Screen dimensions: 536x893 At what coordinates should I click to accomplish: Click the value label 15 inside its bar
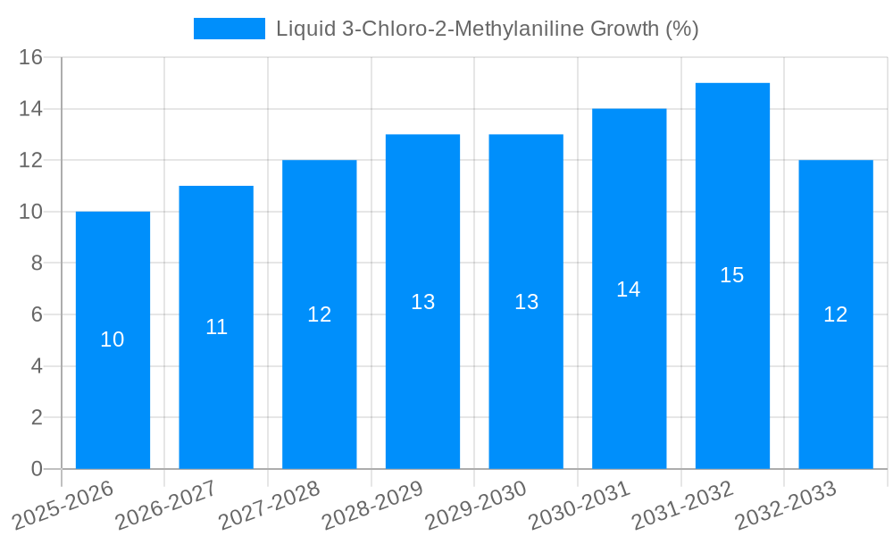tap(732, 275)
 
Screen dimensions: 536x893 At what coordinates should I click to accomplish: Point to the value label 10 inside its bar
tap(113, 339)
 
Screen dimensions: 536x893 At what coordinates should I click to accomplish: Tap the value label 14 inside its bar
tap(629, 289)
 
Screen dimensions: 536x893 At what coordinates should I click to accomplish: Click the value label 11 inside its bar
tap(217, 327)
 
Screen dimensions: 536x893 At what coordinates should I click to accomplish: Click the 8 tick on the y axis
tap(37, 264)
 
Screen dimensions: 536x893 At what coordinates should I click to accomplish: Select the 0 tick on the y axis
tap(37, 469)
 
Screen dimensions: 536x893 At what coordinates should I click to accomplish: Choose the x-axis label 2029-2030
tap(476, 505)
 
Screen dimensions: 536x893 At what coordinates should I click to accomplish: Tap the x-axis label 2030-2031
tap(580, 505)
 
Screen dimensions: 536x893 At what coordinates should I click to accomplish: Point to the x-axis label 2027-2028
tap(270, 505)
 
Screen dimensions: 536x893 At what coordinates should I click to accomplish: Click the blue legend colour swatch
tap(230, 29)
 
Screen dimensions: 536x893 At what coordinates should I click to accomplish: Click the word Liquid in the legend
tap(301, 29)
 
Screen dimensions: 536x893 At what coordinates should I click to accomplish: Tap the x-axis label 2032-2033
tap(786, 505)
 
